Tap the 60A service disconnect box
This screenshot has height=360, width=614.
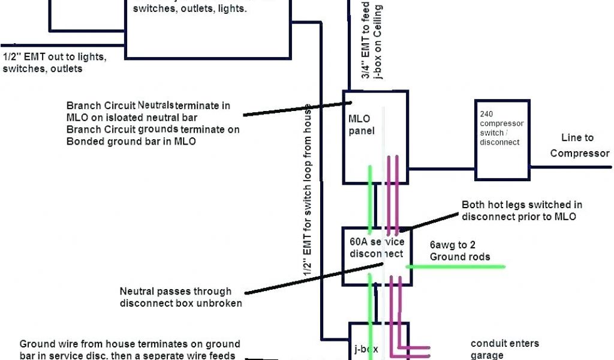click(377, 247)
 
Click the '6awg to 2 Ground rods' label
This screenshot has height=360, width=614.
click(459, 251)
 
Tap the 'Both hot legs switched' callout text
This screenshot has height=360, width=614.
click(522, 211)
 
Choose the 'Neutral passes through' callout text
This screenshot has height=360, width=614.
click(180, 297)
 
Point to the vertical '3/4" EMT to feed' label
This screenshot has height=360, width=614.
click(371, 39)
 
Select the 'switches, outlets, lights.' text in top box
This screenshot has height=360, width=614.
click(189, 8)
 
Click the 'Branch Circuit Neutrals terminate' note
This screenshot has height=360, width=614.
click(148, 111)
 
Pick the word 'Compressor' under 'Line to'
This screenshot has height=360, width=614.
click(579, 153)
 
